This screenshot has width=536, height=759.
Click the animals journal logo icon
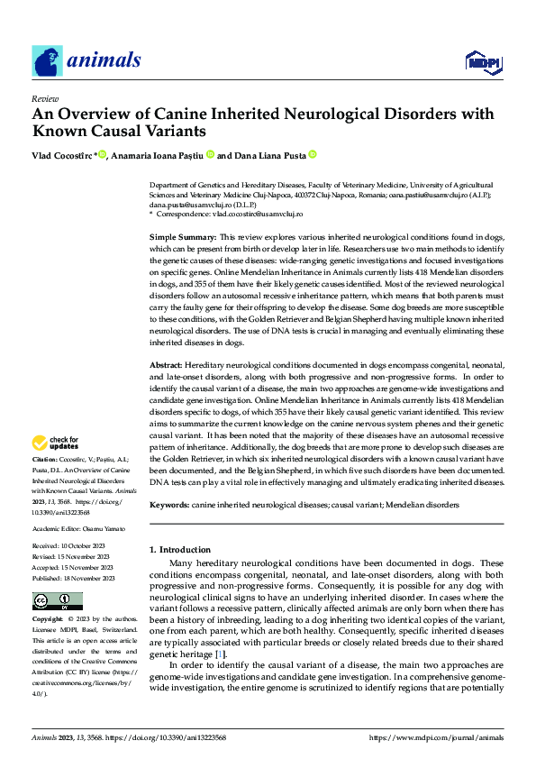click(x=47, y=60)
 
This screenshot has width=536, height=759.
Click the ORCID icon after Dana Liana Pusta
click(x=313, y=154)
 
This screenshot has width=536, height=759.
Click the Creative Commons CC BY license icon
click(x=57, y=601)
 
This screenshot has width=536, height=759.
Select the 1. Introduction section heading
click(x=179, y=549)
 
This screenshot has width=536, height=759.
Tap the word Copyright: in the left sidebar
click(x=48, y=620)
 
